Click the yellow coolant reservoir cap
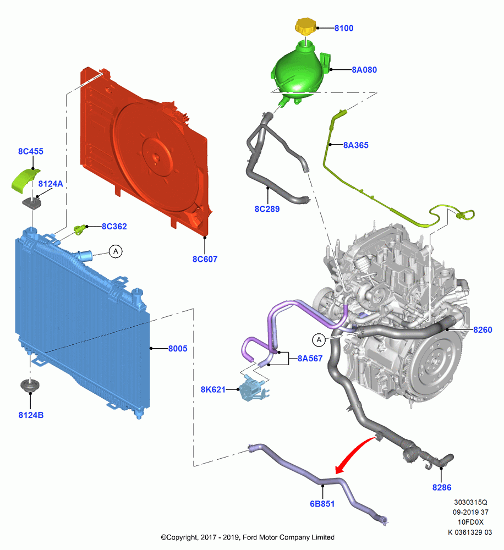[x=306, y=26]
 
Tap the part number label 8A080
[x=364, y=70]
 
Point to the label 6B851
[x=322, y=504]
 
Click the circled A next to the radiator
[x=116, y=251]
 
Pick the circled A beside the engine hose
[x=319, y=340]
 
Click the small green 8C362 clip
[x=79, y=230]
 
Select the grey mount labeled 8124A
[x=32, y=203]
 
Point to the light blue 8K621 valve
[x=252, y=389]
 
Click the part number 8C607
[x=205, y=259]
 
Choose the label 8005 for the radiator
[x=178, y=349]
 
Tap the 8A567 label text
[x=310, y=359]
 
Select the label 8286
[x=441, y=487]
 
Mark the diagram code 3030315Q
[x=470, y=502]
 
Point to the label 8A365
[x=356, y=145]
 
